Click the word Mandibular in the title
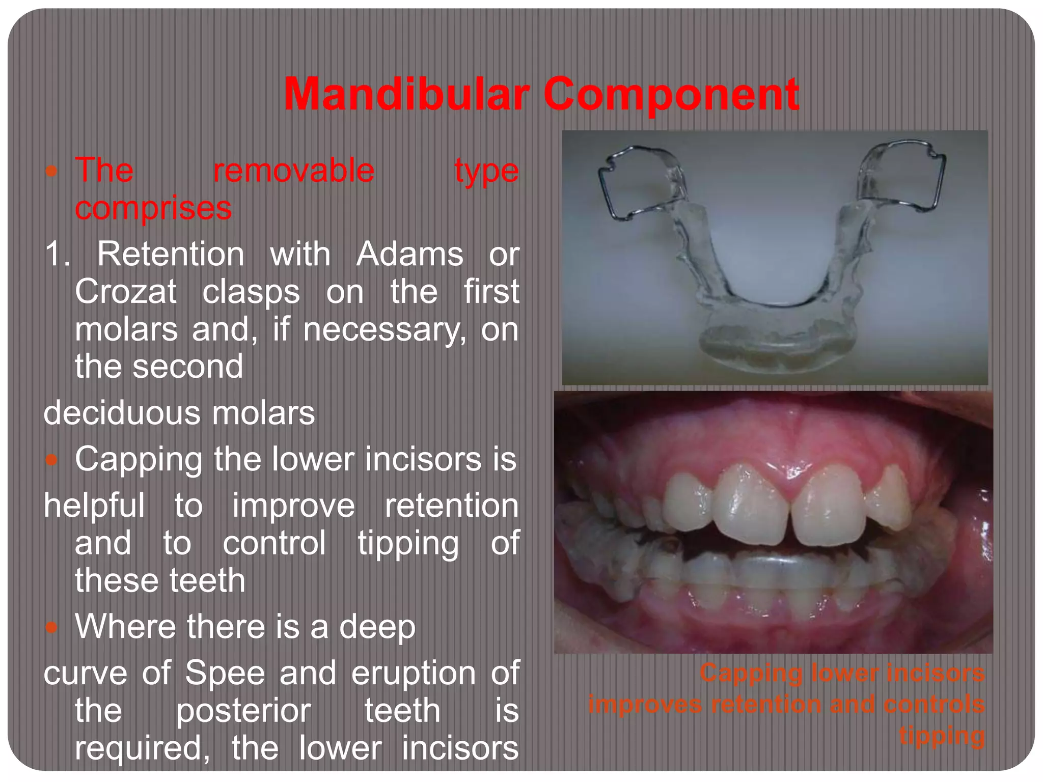click(406, 94)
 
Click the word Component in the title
click(671, 94)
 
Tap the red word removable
click(294, 171)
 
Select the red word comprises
click(153, 209)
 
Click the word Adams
click(409, 254)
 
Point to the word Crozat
click(126, 292)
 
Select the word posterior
click(243, 711)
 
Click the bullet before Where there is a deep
click(51, 627)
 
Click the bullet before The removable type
click(51, 171)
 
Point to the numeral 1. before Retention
click(57, 254)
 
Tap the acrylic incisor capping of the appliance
click(774, 346)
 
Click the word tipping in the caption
click(942, 736)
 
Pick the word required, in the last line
click(143, 748)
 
